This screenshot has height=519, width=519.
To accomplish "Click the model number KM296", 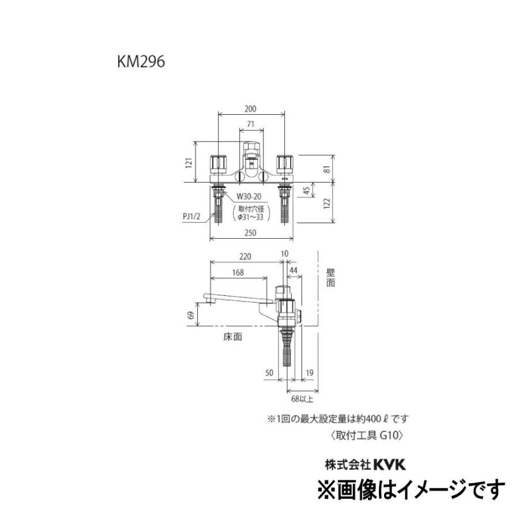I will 141,63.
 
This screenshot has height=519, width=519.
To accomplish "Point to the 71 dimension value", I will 251,124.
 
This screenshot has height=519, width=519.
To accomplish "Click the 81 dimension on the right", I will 326,170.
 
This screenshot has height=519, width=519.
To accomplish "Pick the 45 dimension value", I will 308,191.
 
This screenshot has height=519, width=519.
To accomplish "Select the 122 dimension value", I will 326,203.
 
